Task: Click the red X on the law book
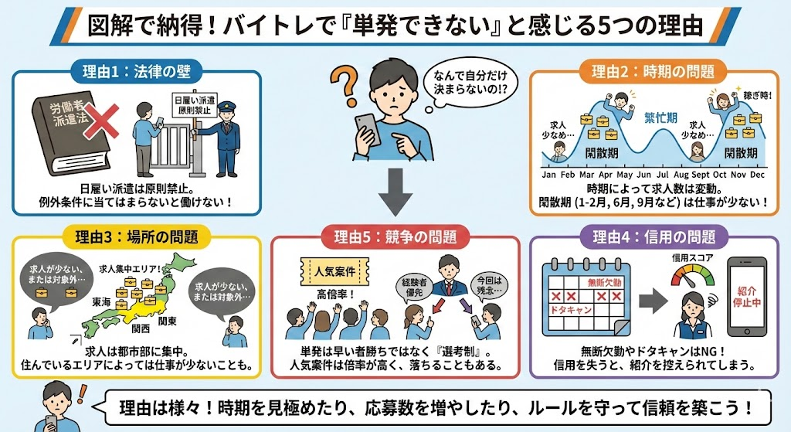(101, 121)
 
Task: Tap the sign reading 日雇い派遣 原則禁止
(194, 105)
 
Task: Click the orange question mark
(345, 87)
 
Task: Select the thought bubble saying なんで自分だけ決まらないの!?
(469, 83)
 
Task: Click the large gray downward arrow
(395, 192)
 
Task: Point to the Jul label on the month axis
(662, 175)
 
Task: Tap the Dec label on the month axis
(757, 175)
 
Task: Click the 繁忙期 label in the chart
(661, 117)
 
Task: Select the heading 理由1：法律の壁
(137, 71)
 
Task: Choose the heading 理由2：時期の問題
(654, 71)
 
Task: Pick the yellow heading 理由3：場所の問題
(136, 236)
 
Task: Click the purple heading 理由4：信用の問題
(654, 236)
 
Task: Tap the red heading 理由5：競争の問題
(395, 236)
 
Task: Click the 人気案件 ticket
(334, 271)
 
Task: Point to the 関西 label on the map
(141, 329)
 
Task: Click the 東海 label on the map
(101, 302)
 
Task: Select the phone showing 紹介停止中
(747, 297)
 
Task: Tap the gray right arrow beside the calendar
(654, 301)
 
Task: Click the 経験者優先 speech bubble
(414, 287)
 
